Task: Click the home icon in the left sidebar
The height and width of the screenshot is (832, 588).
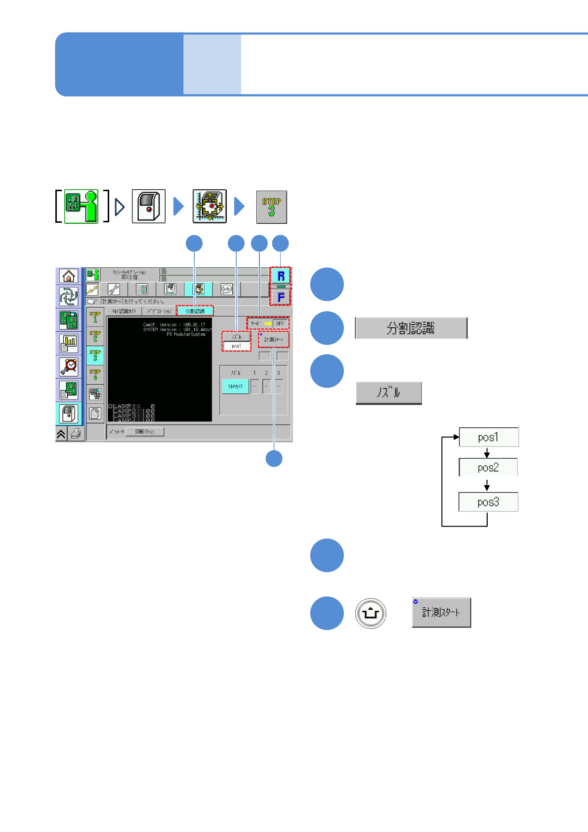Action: [x=69, y=276]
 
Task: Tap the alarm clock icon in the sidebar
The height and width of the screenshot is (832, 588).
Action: [x=69, y=367]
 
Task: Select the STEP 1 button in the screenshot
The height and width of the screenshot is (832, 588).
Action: [x=95, y=317]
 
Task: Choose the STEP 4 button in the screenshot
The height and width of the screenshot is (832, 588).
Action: [x=95, y=374]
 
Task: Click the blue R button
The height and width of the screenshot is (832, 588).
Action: [x=281, y=276]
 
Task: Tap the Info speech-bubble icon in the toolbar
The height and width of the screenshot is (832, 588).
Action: [x=226, y=290]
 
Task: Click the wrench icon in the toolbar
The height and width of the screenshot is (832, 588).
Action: [x=114, y=290]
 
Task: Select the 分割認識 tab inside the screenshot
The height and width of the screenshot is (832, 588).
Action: [x=195, y=311]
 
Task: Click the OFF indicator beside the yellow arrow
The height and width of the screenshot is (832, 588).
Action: [x=280, y=324]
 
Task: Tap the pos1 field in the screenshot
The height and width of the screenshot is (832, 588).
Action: [x=237, y=346]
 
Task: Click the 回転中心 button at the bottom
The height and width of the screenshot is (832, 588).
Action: [x=145, y=432]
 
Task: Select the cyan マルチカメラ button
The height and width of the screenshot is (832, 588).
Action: [x=235, y=386]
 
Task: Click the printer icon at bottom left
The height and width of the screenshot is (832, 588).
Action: [x=76, y=434]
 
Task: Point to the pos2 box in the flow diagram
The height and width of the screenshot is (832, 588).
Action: [x=488, y=467]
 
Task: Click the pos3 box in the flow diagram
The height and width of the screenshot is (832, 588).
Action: [x=488, y=502]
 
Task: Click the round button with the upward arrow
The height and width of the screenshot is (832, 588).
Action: [x=371, y=614]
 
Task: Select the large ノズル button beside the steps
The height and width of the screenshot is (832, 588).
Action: [x=389, y=393]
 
